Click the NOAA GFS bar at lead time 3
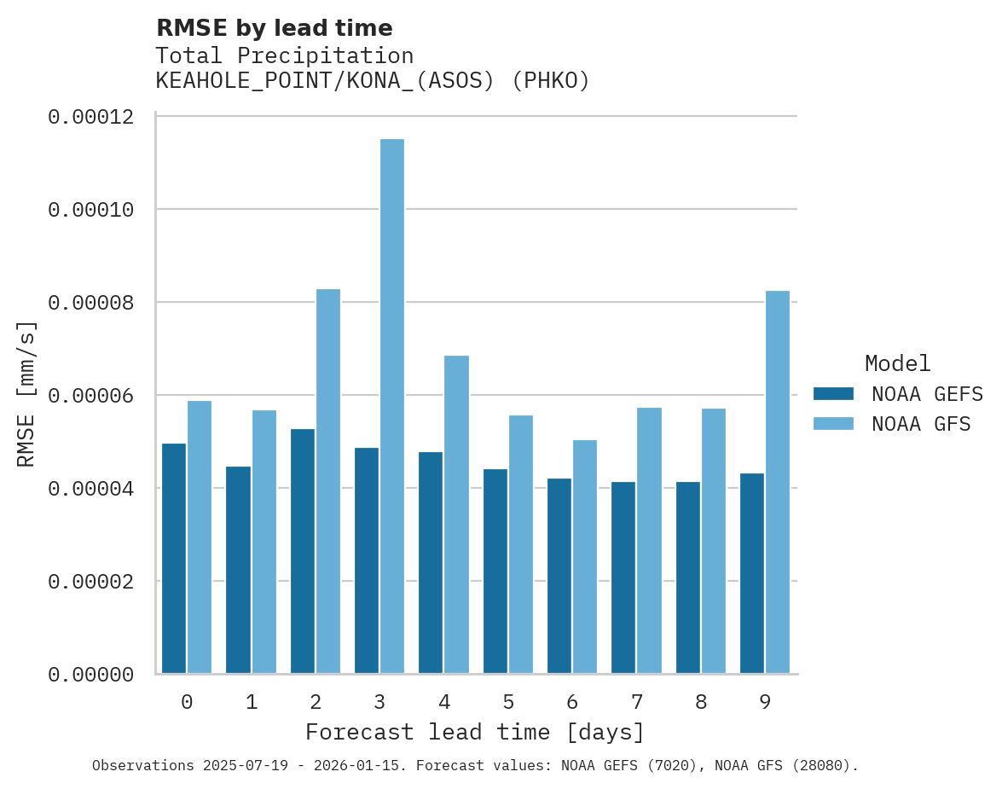click(392, 406)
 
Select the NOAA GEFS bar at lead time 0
click(174, 559)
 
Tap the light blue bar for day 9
click(778, 482)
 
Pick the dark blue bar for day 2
click(303, 551)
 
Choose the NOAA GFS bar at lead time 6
click(585, 556)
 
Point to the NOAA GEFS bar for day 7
click(623, 577)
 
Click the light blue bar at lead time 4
click(456, 514)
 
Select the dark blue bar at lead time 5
click(495, 571)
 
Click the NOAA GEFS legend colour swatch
click(833, 393)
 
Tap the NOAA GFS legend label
click(921, 424)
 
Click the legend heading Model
click(897, 363)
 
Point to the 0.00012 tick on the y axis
click(91, 117)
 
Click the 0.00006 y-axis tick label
click(91, 396)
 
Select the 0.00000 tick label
click(91, 675)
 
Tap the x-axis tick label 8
click(701, 703)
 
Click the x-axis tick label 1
click(252, 703)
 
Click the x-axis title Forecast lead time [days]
click(475, 733)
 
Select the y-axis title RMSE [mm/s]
click(26, 394)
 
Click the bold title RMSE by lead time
click(274, 28)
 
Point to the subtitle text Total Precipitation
click(284, 56)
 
